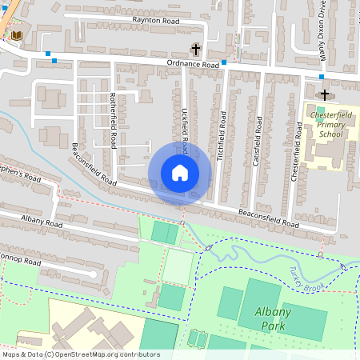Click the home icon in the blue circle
[x=180, y=173]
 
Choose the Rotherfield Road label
[x=113, y=120]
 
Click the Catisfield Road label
[x=258, y=145]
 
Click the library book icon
[x=18, y=35]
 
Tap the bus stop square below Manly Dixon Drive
[x=322, y=77]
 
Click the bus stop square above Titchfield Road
[x=224, y=62]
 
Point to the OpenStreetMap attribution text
[x=80, y=354]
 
